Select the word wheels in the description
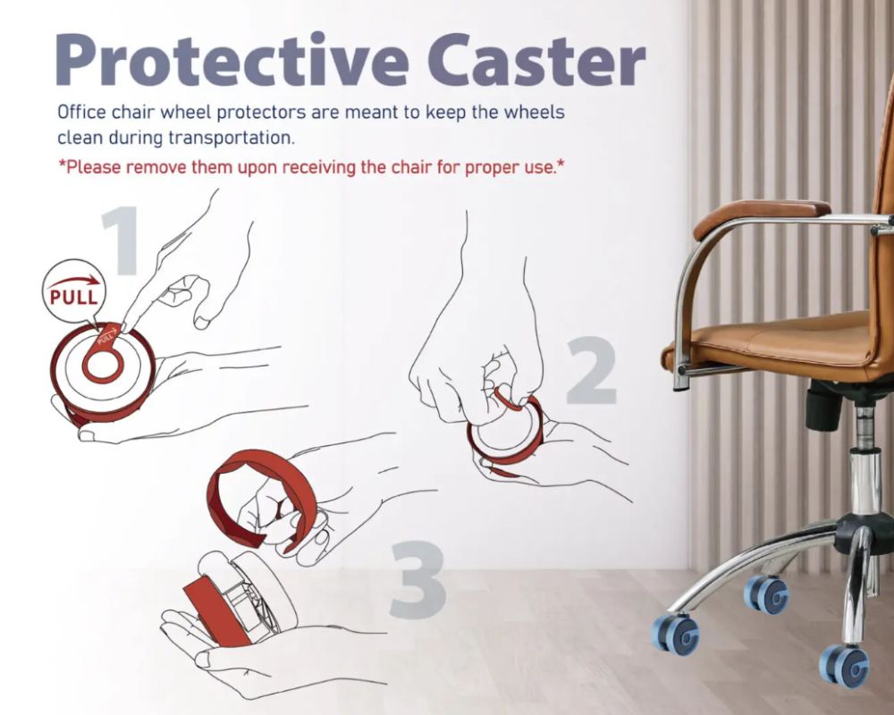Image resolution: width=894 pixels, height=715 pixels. (x=533, y=114)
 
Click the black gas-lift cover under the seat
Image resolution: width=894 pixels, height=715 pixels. (x=827, y=405)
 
